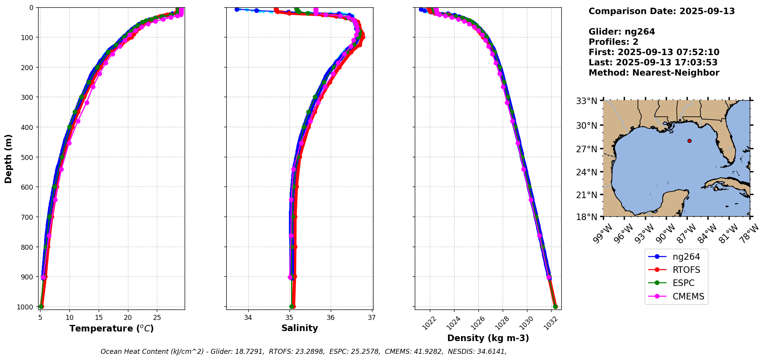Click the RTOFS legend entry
pyautogui.click(x=686, y=270)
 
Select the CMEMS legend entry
pyautogui.click(x=688, y=296)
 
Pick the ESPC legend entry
pyautogui.click(x=684, y=283)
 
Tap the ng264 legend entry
pyautogui.click(x=686, y=257)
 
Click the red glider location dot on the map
pyautogui.click(x=689, y=141)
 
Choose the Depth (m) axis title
pyautogui.click(x=8, y=158)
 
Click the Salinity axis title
pyautogui.click(x=300, y=328)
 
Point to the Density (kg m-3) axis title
pyautogui.click(x=488, y=338)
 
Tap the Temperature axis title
pyautogui.click(x=111, y=328)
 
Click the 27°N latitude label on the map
pyautogui.click(x=586, y=149)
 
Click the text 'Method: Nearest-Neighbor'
pyautogui.click(x=654, y=73)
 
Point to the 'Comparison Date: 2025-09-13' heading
pyautogui.click(x=662, y=11)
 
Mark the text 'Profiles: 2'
pyautogui.click(x=613, y=42)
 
